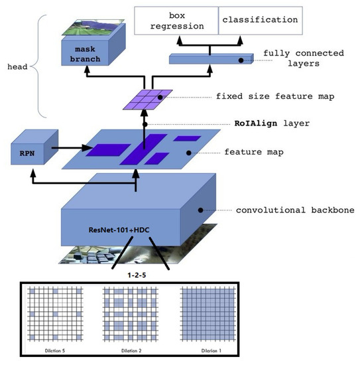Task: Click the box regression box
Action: [x=176, y=20]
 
